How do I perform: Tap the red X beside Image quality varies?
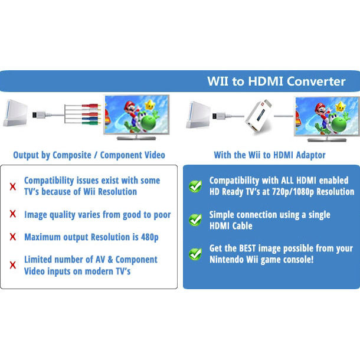(13, 214)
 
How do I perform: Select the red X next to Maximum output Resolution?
(13, 237)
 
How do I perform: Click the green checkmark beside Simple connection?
(195, 220)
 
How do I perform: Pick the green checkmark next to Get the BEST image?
(195, 254)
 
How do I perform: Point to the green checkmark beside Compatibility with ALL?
(195, 186)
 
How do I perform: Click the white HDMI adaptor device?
(258, 116)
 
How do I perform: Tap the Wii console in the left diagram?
(15, 113)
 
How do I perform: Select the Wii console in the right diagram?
(198, 114)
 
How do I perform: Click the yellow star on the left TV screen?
(150, 105)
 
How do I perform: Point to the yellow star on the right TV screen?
(341, 107)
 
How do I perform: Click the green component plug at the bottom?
(91, 123)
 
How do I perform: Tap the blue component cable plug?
(91, 119)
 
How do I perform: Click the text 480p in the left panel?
(150, 237)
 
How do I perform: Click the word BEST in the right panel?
(247, 248)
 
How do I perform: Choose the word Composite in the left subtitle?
(71, 155)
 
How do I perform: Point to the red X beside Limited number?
(13, 265)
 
